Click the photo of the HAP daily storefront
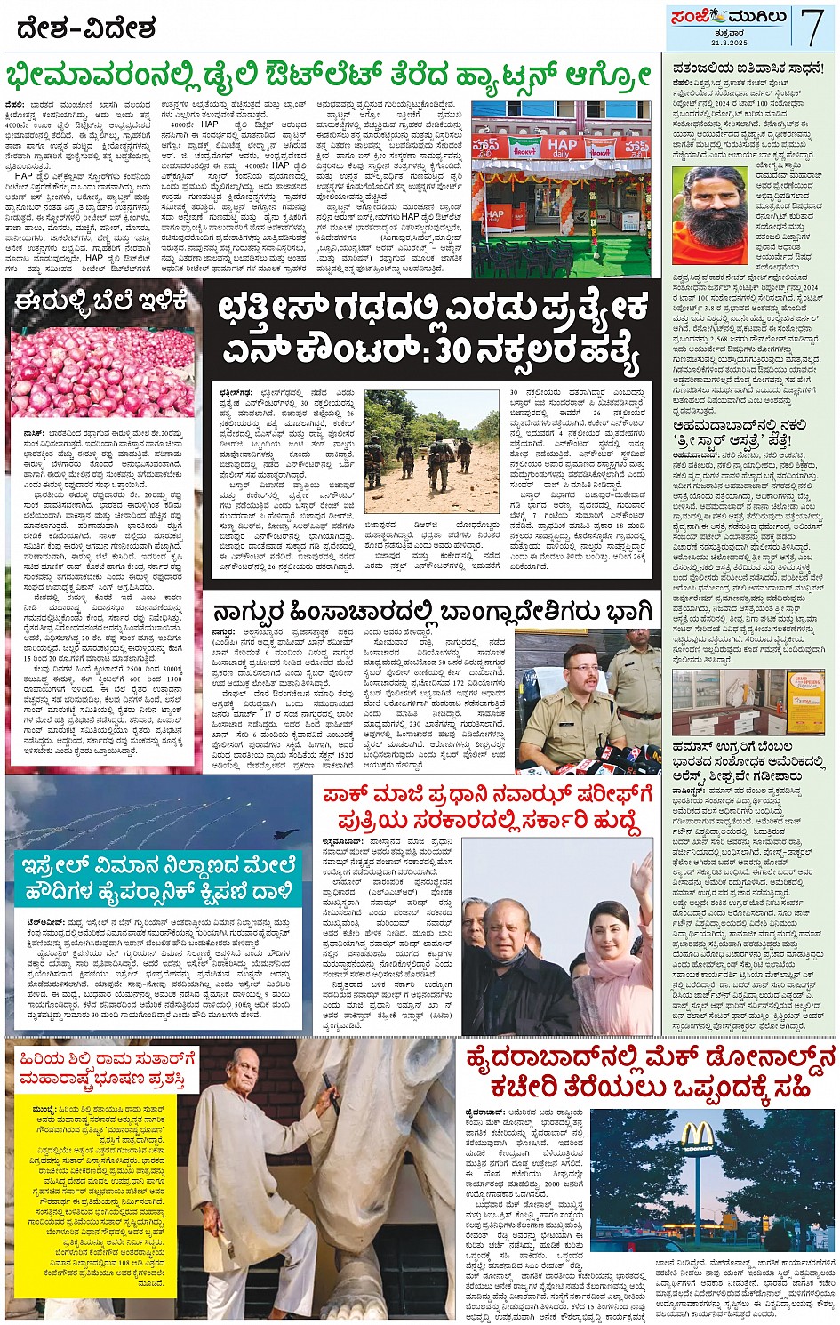561,189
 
